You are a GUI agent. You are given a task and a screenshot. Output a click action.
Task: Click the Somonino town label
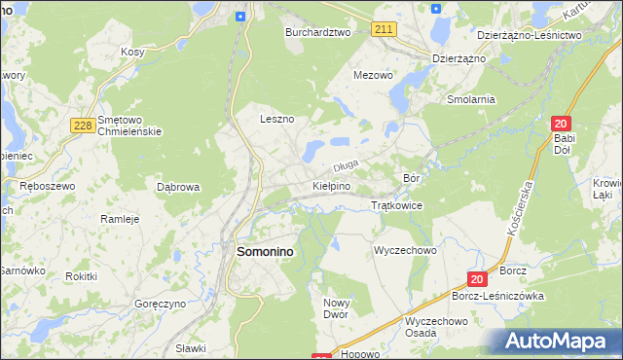click(x=266, y=251)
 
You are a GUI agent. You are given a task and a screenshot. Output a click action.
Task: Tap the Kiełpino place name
click(x=331, y=185)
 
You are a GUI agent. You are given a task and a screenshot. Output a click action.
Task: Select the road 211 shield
click(x=384, y=30)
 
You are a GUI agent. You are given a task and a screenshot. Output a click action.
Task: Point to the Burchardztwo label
click(x=317, y=32)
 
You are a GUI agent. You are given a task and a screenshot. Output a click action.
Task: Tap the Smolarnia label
click(x=471, y=99)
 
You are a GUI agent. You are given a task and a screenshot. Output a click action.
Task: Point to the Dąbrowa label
click(x=178, y=187)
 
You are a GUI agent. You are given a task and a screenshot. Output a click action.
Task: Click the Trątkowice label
click(x=396, y=205)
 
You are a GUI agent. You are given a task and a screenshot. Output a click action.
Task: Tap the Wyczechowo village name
click(x=405, y=250)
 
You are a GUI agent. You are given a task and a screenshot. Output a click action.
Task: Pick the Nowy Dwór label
click(x=336, y=308)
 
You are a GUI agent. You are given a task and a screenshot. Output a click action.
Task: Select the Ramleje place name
click(x=121, y=219)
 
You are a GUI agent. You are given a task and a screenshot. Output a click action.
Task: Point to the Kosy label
click(x=132, y=52)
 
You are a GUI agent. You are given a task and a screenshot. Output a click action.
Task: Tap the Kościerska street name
click(x=520, y=209)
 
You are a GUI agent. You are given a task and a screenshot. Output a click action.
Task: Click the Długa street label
click(x=348, y=165)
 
